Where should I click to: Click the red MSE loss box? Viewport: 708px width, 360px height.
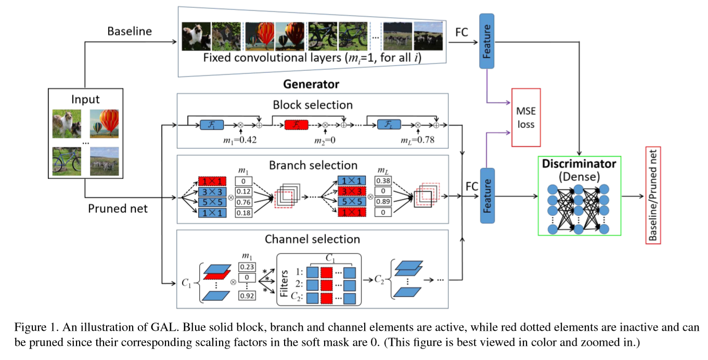point(526,118)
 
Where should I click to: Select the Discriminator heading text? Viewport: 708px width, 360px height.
point(578,163)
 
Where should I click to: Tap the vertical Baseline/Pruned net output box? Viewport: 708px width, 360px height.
point(652,195)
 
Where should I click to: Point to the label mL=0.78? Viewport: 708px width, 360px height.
point(418,139)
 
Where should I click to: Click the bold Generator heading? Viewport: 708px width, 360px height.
point(311,84)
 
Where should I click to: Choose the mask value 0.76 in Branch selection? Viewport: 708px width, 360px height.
point(243,202)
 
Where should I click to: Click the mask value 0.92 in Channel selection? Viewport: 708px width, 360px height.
point(247,296)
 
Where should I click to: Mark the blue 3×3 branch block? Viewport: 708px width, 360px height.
point(212,192)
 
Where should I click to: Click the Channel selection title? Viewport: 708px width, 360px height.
point(312,239)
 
